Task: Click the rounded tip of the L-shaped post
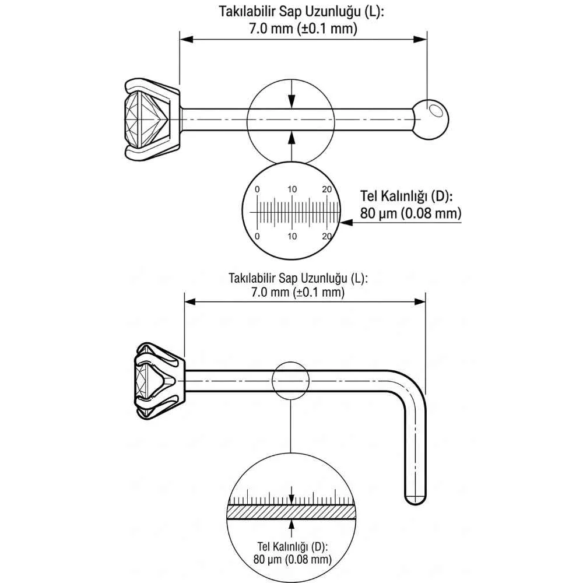click(415, 500)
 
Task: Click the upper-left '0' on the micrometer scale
click(257, 189)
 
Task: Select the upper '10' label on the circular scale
click(292, 189)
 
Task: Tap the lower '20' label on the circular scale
click(327, 236)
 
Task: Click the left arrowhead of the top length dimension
click(187, 39)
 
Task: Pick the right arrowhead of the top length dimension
click(420, 39)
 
